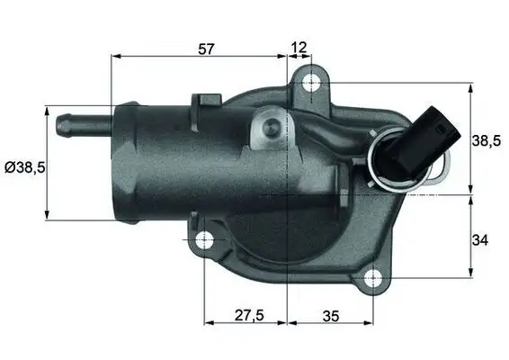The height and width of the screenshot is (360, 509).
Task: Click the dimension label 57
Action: pyautogui.click(x=206, y=49)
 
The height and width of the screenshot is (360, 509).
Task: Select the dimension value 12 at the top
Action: pyautogui.click(x=299, y=47)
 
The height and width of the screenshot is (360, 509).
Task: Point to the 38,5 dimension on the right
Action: pyautogui.click(x=487, y=139)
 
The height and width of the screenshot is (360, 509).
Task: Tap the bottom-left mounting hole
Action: pyautogui.click(x=205, y=240)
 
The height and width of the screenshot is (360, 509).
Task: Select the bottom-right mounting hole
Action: pyautogui.click(x=371, y=278)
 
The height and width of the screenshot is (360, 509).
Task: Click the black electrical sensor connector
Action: pyautogui.click(x=409, y=144)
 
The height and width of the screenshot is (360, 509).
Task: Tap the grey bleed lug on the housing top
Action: pyautogui.click(x=267, y=128)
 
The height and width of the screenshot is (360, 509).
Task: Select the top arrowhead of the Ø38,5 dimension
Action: pyautogui.click(x=47, y=110)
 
